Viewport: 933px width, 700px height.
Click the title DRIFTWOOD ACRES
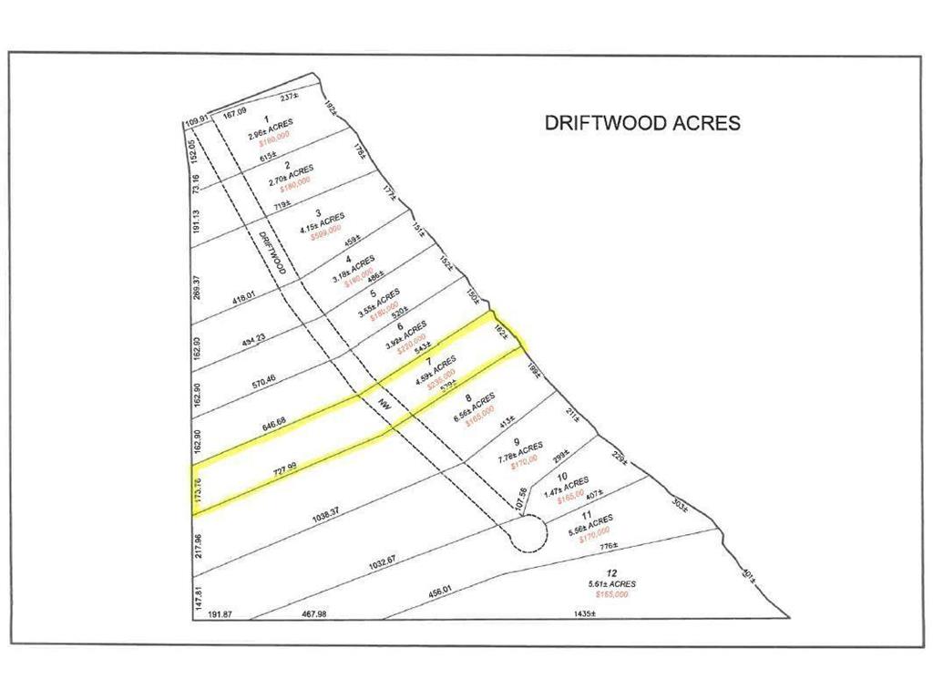coord(642,122)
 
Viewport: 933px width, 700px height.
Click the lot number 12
coord(599,571)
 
